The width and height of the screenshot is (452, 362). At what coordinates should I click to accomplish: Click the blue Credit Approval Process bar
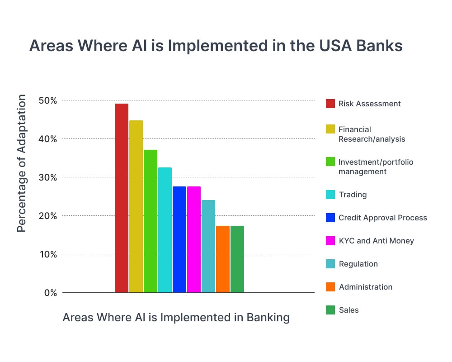(179, 239)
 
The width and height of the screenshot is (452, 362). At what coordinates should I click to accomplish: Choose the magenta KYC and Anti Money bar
(194, 239)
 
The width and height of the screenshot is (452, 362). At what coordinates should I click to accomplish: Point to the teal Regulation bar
(208, 246)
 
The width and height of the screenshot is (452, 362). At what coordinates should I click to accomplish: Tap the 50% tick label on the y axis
(47, 100)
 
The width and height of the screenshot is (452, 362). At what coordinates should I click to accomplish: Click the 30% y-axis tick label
(47, 177)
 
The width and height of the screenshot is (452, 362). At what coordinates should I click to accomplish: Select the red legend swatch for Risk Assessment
(330, 104)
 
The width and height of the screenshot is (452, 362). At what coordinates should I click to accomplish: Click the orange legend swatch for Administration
(330, 287)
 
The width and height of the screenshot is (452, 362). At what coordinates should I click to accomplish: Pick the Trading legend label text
(353, 195)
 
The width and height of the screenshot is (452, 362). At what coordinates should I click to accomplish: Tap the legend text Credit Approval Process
(382, 218)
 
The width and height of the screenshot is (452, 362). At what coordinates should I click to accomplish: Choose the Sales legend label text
(348, 310)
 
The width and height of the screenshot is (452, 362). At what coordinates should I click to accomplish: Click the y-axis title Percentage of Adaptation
(22, 163)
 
